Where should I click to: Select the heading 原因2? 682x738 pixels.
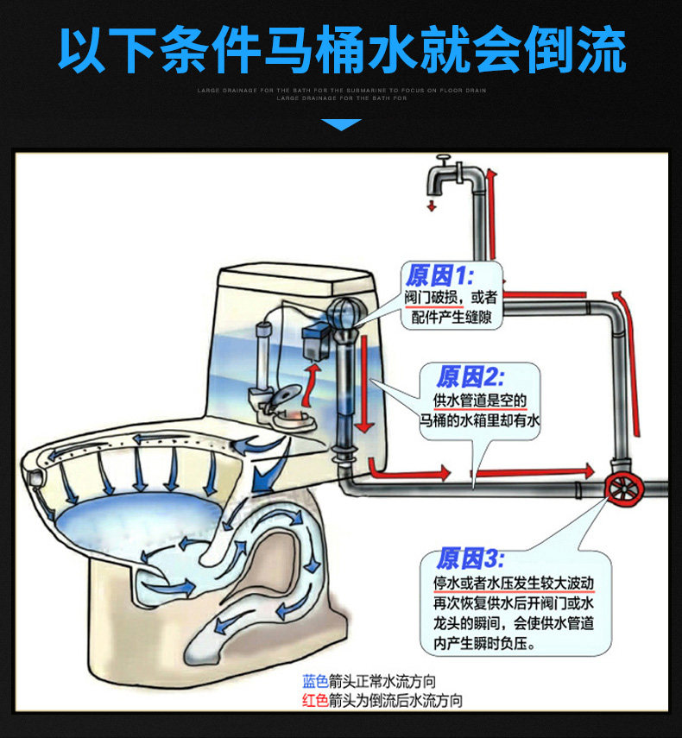coord(470,376)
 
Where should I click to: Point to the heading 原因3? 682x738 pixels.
coord(470,558)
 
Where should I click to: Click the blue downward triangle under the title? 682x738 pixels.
coord(341,125)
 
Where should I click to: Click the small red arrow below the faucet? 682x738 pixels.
coord(432,205)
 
